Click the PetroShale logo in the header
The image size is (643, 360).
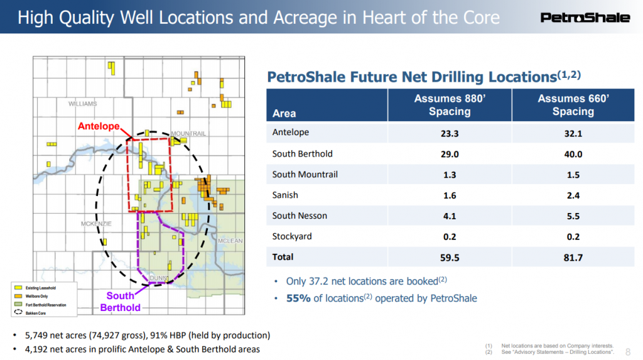[585, 17]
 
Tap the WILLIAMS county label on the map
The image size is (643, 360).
[83, 104]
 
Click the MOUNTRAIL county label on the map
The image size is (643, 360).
[188, 134]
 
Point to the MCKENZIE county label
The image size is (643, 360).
[96, 224]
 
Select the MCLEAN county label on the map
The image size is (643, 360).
[230, 241]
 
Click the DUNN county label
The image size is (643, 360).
[157, 278]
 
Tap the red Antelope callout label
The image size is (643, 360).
[99, 126]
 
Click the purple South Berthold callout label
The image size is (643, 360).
[120, 302]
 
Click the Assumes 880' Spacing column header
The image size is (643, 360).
[449, 105]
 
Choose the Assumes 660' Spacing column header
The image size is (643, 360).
[573, 105]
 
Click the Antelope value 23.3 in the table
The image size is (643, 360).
[449, 133]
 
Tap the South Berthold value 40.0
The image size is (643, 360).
[573, 154]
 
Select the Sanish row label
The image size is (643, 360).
[285, 195]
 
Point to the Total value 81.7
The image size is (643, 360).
[573, 257]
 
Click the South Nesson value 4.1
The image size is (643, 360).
[449, 215]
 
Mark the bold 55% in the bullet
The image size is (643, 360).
[298, 298]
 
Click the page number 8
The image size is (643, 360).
[629, 352]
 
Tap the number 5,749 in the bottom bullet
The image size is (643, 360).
[36, 335]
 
